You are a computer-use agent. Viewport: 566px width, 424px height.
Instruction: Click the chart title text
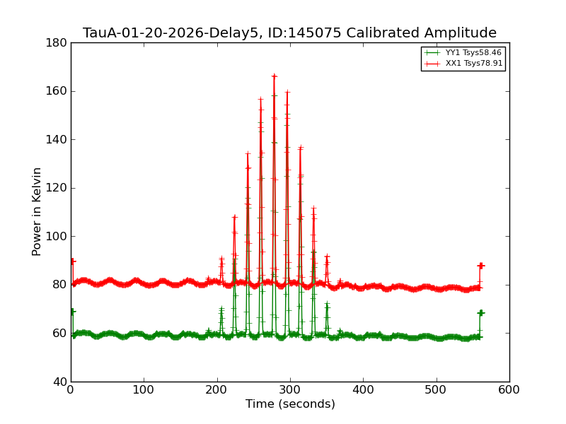[x=289, y=33]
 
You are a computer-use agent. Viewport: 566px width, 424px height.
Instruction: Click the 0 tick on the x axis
[x=71, y=389]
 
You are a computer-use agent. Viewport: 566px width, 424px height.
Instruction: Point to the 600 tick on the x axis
[x=509, y=389]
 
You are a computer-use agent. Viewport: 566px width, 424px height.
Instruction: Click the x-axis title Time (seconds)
[x=290, y=404]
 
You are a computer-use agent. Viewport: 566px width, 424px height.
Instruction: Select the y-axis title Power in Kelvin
[x=37, y=211]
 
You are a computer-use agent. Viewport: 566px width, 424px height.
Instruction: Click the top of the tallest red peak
[x=274, y=76]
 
